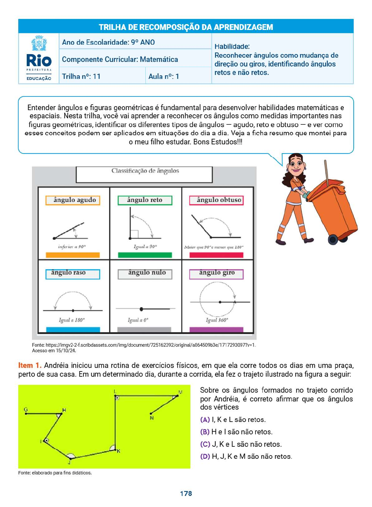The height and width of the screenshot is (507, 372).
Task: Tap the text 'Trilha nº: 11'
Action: tap(81, 76)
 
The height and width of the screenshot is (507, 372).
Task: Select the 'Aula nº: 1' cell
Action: tap(164, 76)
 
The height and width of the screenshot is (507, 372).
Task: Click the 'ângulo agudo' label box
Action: tap(73, 200)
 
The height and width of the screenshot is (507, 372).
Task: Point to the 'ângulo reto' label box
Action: tap(145, 200)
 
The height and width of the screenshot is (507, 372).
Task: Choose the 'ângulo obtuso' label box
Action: tap(216, 200)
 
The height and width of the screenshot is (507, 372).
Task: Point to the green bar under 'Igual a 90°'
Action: tap(145, 255)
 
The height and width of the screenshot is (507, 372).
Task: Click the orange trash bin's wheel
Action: tap(333, 239)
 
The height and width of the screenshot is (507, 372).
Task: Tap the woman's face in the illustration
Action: tap(296, 164)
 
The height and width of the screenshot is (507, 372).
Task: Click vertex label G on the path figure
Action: tap(26, 410)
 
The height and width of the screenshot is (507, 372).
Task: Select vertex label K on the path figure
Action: tap(118, 451)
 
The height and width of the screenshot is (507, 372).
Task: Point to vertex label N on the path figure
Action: tap(152, 418)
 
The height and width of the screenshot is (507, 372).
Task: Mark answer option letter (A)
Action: tap(205, 420)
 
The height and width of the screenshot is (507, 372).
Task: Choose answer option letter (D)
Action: tap(205, 456)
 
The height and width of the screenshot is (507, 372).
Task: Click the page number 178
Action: tap(186, 493)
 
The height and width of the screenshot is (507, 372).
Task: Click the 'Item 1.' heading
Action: tap(30, 366)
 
